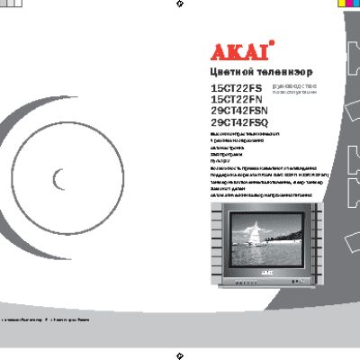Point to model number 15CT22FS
pos(230,88)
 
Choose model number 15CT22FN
pos(230,100)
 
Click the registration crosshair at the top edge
pos(181,4)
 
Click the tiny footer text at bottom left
pos(45,319)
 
